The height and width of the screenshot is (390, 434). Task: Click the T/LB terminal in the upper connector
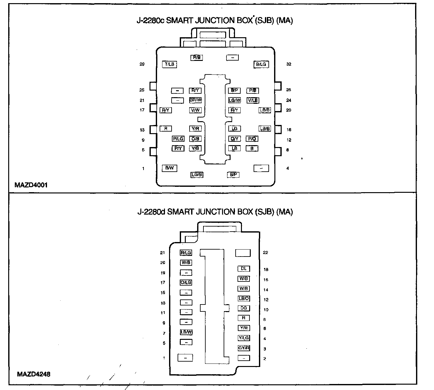[x=169, y=64]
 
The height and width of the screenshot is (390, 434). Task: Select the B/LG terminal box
[x=261, y=64]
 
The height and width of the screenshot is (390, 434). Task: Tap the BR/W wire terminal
[x=195, y=100]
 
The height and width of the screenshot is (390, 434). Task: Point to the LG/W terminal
[x=235, y=100]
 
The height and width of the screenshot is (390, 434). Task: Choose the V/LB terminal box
[x=253, y=100]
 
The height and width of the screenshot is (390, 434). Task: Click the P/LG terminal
[x=178, y=139]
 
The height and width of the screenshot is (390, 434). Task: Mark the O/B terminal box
[x=195, y=139]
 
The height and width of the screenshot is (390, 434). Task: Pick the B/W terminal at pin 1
[x=169, y=168]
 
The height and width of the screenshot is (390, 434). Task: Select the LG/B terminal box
[x=197, y=174]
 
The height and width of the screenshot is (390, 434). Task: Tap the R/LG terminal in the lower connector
[x=186, y=253]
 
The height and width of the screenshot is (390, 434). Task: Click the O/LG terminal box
[x=186, y=282]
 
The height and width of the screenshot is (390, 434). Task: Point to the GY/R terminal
[x=244, y=348]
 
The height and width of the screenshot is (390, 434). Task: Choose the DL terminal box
[x=243, y=269]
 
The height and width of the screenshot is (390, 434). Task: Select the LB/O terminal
[x=244, y=298]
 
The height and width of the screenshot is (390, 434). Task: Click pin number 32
[x=289, y=64]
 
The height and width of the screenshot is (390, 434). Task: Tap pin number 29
[x=142, y=64]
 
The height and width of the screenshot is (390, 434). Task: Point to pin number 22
[x=266, y=252]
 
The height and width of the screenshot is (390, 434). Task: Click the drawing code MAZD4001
[x=31, y=185]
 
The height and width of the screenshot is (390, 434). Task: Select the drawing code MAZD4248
[x=33, y=375]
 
